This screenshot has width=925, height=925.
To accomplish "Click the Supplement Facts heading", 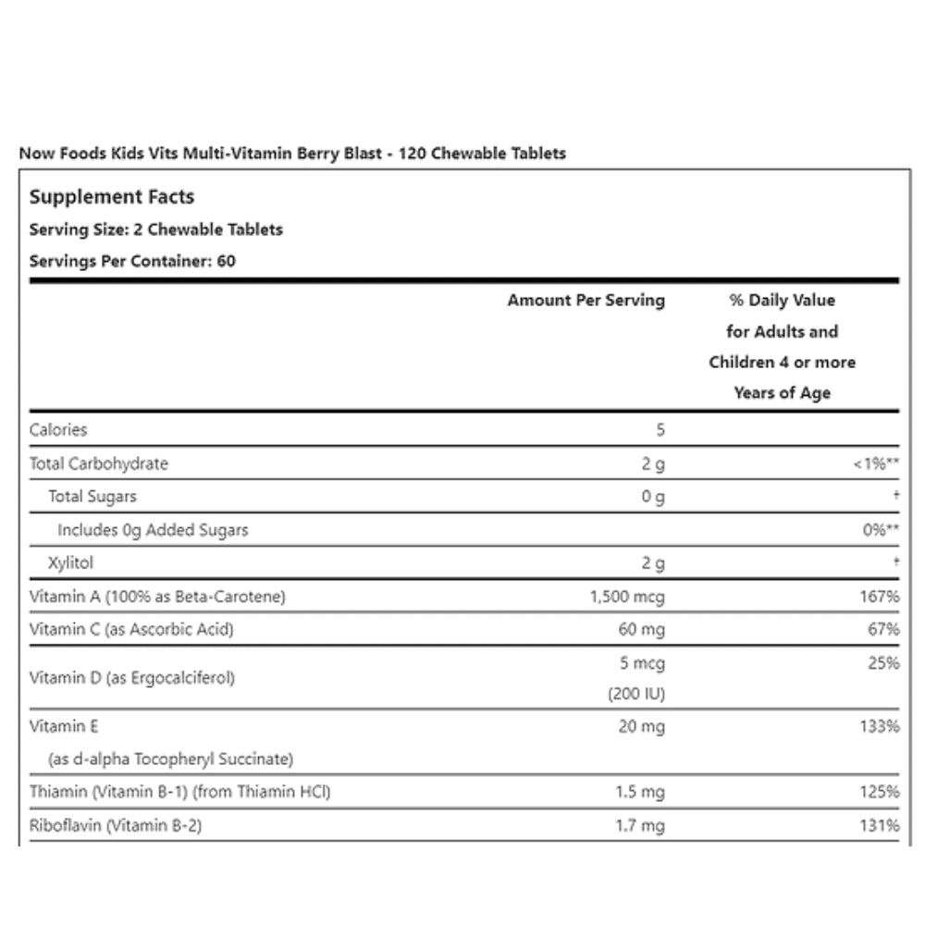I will pos(112,197).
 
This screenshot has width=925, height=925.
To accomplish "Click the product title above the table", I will pos(292,154).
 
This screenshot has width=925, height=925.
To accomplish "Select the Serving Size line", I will pos(156,229).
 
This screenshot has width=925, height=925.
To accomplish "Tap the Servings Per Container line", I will pos(132,261).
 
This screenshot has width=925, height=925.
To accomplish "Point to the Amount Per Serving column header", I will pos(586,301).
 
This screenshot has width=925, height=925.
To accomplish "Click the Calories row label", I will pos(58,429).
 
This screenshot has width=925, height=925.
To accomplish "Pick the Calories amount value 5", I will pos(660,429).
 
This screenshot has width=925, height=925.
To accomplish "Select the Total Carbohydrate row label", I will pos(99,463).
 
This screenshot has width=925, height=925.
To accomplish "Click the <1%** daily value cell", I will pos(876,464).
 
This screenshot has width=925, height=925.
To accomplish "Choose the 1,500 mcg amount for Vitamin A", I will pos(626,597).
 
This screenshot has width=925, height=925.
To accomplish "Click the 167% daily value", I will pos(880,597).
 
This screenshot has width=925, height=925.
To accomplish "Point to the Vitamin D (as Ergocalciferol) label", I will pos(132,678).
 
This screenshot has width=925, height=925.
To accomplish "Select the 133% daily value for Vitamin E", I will pos(880,727).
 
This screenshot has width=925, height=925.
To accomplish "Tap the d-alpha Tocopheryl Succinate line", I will pos(170,759).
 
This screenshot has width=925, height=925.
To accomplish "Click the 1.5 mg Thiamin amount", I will pos(640,793).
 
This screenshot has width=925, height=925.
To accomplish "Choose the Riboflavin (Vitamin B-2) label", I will pos(116,825).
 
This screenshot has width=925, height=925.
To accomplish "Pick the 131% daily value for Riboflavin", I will pos(880,826).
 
